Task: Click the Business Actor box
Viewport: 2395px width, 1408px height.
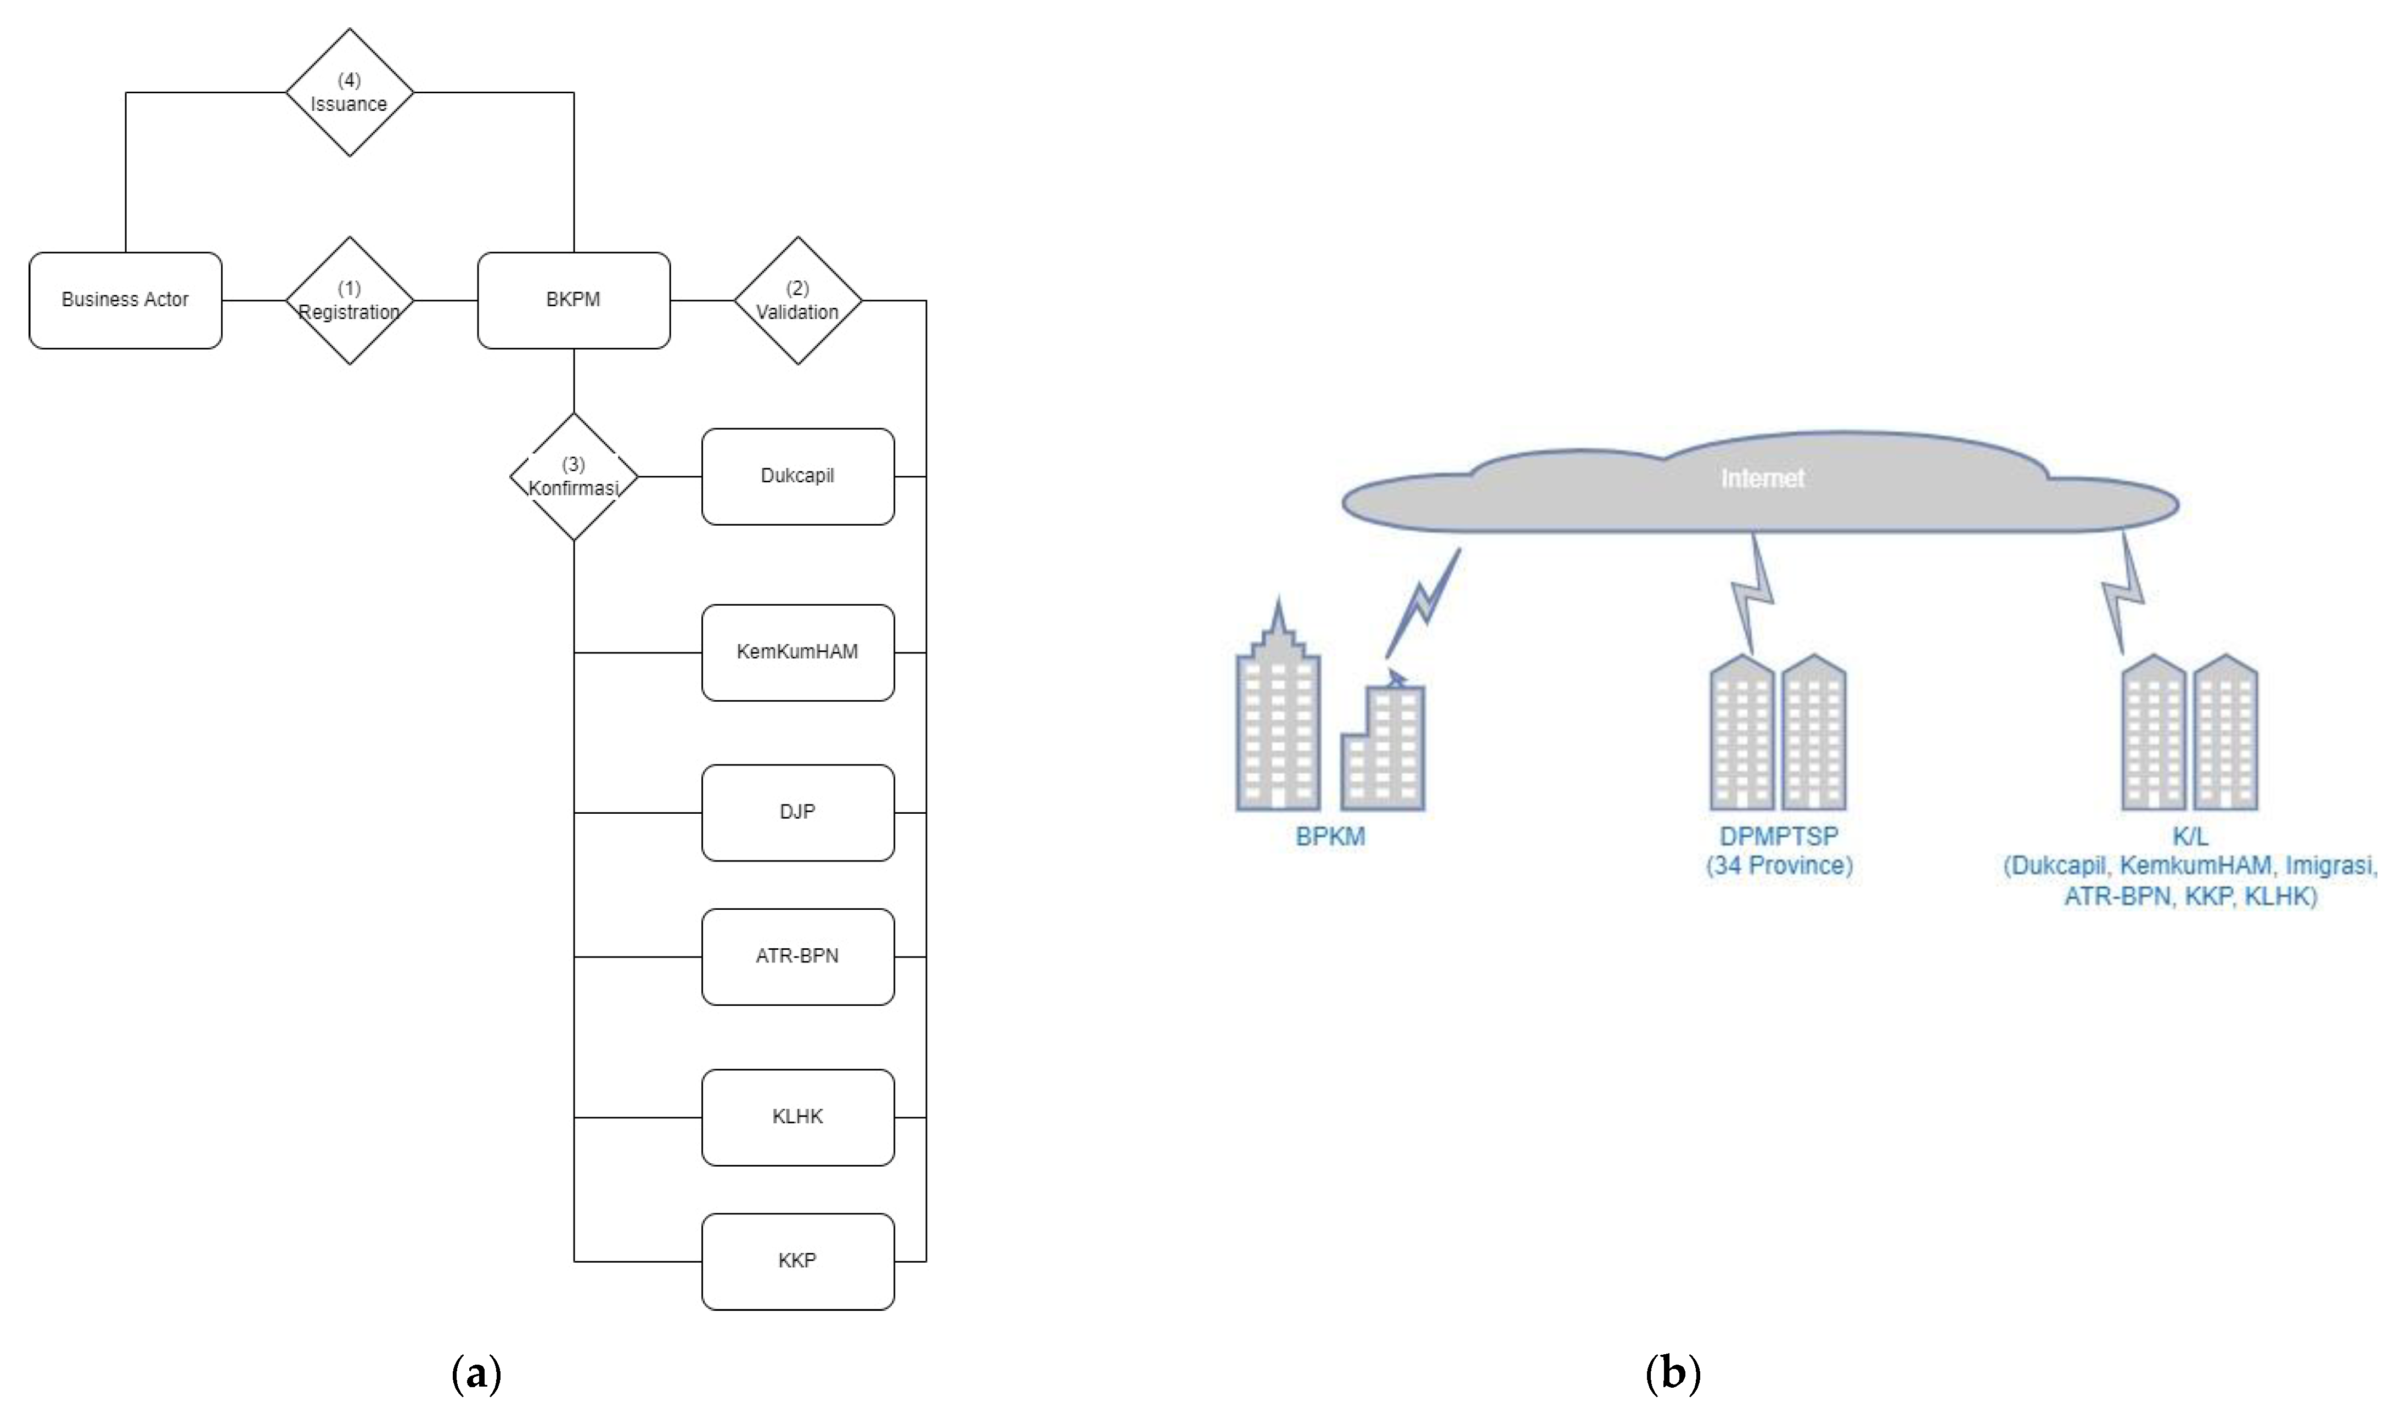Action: pos(126,300)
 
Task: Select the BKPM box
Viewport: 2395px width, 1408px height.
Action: pos(573,300)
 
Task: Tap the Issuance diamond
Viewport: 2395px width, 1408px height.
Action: pos(349,92)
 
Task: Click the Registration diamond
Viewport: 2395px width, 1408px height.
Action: pos(349,300)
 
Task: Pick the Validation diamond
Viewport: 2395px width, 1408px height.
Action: pos(797,300)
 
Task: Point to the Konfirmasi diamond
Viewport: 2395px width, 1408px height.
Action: pos(573,476)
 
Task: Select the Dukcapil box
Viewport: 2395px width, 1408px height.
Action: pos(797,476)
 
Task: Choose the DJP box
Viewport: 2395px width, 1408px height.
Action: pos(797,812)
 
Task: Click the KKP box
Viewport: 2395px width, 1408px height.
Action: pos(797,1261)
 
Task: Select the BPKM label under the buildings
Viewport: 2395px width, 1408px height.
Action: pos(1330,837)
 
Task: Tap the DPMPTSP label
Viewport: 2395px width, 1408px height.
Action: pos(1778,836)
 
